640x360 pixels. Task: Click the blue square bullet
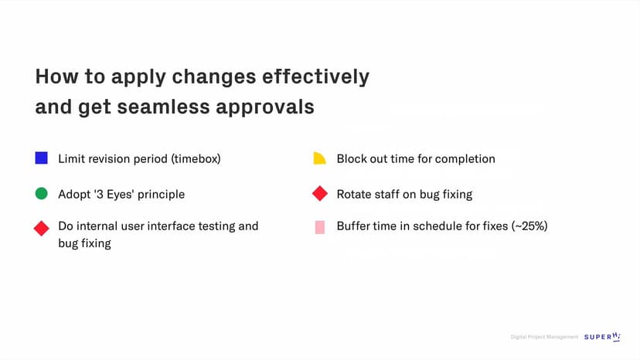click(41, 158)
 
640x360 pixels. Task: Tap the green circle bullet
click(41, 193)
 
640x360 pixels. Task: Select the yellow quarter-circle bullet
click(319, 158)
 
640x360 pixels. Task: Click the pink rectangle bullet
click(320, 227)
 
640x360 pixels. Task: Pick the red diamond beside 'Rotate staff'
click(320, 193)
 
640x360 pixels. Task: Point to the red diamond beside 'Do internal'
click(41, 228)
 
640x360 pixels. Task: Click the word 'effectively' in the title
click(315, 76)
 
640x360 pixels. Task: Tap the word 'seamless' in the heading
click(163, 107)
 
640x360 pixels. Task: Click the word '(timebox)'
click(196, 159)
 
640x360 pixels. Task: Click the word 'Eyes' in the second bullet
click(120, 195)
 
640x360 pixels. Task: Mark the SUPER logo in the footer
click(602, 337)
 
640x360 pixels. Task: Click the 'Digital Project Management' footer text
click(544, 337)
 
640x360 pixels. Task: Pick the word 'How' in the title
click(56, 76)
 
